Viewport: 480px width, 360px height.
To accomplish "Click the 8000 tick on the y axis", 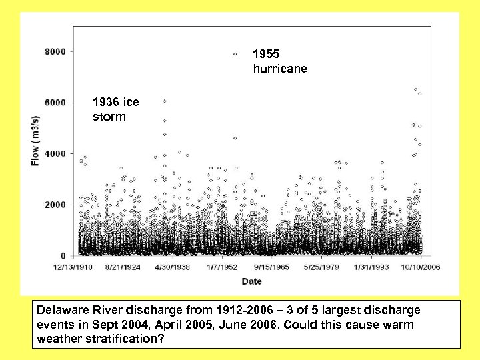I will pyautogui.click(x=56, y=51).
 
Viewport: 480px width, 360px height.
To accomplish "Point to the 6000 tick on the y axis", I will pyautogui.click(x=56, y=103).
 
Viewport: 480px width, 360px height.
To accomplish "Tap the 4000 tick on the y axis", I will pyautogui.click(x=56, y=154).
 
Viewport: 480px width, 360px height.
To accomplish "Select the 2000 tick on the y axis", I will pyautogui.click(x=56, y=205).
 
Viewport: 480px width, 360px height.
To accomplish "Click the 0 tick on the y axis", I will pyautogui.click(x=63, y=256).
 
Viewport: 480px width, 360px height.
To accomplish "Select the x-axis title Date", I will pyautogui.click(x=251, y=281).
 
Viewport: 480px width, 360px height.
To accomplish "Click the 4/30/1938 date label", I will pyautogui.click(x=172, y=267).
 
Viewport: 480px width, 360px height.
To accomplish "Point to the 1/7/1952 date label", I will pyautogui.click(x=222, y=267).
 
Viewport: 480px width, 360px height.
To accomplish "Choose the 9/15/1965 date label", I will pyautogui.click(x=271, y=267).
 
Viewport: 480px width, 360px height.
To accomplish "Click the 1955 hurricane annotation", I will pyautogui.click(x=280, y=61).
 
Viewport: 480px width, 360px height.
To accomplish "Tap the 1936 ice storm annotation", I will pyautogui.click(x=116, y=109).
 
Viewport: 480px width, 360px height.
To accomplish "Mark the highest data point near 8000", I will pyautogui.click(x=235, y=54).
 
